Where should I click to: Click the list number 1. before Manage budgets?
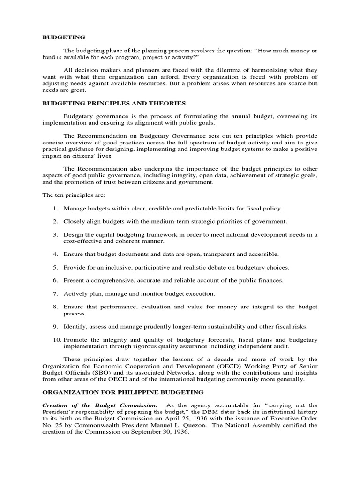click(55, 208)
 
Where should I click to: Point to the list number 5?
click(55, 268)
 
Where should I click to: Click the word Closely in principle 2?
click(74, 221)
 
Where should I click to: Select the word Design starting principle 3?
click(74, 234)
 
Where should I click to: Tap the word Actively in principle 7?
click(75, 294)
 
